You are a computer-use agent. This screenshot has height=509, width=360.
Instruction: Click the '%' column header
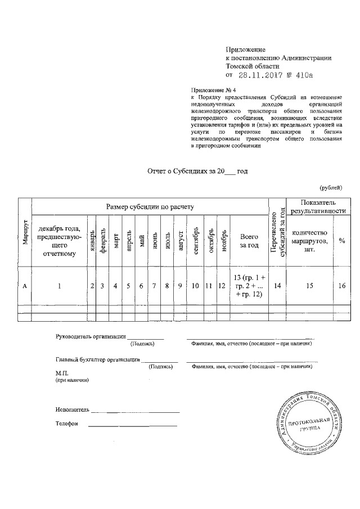(x=341, y=241)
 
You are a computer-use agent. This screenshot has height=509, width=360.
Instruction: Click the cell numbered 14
(x=277, y=286)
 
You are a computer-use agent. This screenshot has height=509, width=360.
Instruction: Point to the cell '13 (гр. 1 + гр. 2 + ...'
(x=249, y=286)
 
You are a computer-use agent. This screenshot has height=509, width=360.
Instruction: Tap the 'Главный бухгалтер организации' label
(x=97, y=359)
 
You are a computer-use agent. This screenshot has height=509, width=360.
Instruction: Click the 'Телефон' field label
(x=67, y=424)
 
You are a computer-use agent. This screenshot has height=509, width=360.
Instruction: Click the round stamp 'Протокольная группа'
(x=307, y=423)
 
